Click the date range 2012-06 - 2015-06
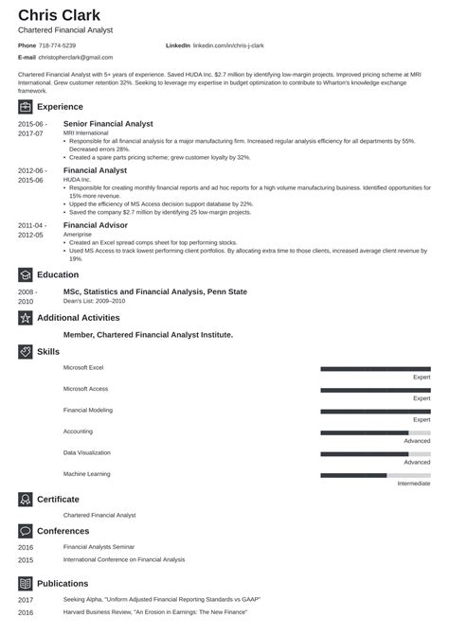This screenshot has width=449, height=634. pyautogui.click(x=30, y=175)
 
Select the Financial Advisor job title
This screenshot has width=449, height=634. pyautogui.click(x=95, y=225)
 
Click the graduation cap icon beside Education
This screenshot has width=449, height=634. pyautogui.click(x=26, y=274)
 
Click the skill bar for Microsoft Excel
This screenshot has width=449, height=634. pyautogui.click(x=375, y=368)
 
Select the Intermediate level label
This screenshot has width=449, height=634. pyautogui.click(x=414, y=484)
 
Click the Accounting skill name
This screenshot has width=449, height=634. pyautogui.click(x=78, y=431)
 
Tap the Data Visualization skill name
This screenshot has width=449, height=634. pyautogui.click(x=86, y=452)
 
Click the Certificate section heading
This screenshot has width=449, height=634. pyautogui.click(x=58, y=499)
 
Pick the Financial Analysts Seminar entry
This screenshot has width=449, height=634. pyautogui.click(x=99, y=547)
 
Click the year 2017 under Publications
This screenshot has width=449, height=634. pyautogui.click(x=25, y=599)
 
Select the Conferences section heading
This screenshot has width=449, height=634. pyautogui.click(x=63, y=531)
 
